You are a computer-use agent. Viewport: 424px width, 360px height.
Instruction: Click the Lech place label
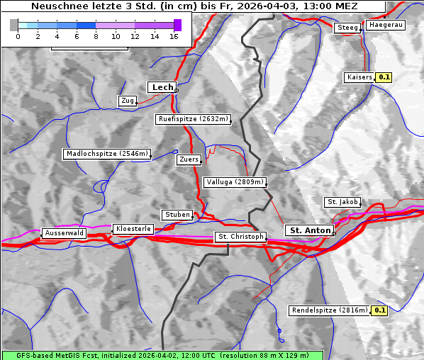(x=162, y=87)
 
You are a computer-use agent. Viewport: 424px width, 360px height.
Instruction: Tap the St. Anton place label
(x=311, y=230)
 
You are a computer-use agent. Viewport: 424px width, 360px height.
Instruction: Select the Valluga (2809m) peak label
(x=235, y=182)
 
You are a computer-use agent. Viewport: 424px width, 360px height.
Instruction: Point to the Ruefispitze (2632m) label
(x=194, y=120)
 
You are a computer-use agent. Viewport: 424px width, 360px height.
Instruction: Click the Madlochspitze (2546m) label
(x=107, y=154)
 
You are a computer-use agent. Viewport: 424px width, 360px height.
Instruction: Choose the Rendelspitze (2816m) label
(x=330, y=310)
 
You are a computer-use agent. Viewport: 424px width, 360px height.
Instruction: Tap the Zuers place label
(x=189, y=159)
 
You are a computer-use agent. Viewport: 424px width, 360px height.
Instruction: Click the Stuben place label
(x=177, y=215)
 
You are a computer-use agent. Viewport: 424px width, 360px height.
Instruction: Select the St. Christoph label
(x=240, y=237)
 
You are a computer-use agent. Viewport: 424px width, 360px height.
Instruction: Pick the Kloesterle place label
(x=132, y=229)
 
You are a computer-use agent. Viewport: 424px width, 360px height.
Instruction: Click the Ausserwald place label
(x=64, y=233)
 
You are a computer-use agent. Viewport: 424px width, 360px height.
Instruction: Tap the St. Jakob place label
(x=342, y=202)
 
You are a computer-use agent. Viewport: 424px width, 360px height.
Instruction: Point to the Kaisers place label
(x=359, y=77)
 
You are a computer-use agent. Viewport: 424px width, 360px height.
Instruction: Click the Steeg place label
(x=347, y=28)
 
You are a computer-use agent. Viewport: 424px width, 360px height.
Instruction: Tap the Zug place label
(x=128, y=101)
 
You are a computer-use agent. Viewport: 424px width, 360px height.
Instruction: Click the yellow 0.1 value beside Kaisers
(x=384, y=77)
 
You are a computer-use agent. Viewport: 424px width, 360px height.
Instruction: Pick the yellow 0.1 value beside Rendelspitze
(x=380, y=310)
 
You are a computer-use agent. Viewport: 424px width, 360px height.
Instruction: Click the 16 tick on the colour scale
(x=174, y=36)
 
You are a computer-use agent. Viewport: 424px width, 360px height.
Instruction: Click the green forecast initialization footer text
(x=162, y=355)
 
